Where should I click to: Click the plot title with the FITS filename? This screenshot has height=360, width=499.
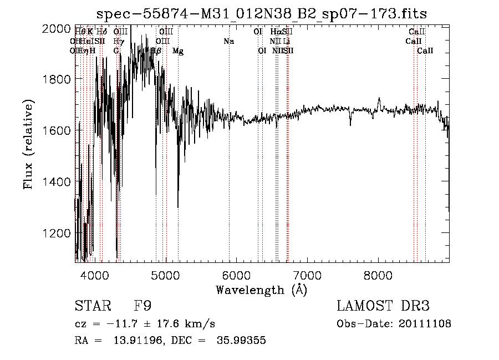[261, 14]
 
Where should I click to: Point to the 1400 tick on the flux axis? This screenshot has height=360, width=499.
[58, 181]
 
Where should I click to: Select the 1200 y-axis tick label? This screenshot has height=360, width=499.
[58, 233]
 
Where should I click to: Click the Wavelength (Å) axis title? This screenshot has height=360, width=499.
[261, 289]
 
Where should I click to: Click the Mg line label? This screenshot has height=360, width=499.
[178, 51]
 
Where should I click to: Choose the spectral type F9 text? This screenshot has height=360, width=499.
[143, 306]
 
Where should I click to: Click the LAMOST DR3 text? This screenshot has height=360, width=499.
[383, 306]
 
